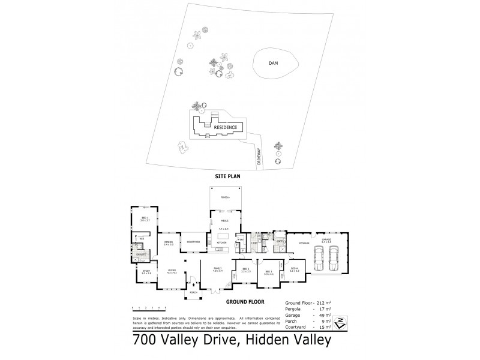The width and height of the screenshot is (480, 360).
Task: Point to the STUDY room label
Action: pyautogui.click(x=146, y=272)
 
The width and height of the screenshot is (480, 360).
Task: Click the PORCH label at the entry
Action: pyautogui.click(x=193, y=292)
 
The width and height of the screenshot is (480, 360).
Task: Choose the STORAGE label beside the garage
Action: pyautogui.click(x=304, y=243)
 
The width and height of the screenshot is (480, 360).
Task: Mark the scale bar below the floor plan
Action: pyautogui.click(x=149, y=307)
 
